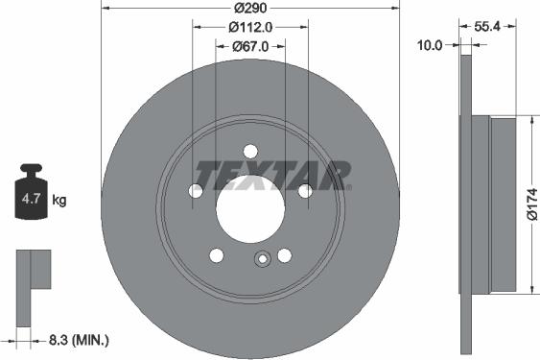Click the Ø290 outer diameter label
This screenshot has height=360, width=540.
coord(251,9)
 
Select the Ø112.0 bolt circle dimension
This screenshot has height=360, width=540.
coord(251,27)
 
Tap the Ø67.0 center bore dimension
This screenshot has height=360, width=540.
coord(251,45)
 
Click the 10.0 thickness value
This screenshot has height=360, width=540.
coord(432,45)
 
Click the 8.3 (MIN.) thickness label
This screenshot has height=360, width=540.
coord(79,340)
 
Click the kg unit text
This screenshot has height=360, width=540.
coord(59,201)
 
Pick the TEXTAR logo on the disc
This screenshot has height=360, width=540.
coord(273,175)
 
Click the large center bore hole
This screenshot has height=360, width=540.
coord(250,208)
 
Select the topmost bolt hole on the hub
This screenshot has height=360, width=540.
coord(250,151)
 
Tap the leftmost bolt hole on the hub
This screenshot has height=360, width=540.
coord(196,191)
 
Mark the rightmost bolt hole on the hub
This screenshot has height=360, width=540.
coord(305,191)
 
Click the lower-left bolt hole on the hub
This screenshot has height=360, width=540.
coord(217,254)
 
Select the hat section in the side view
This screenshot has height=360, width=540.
coord(503,204)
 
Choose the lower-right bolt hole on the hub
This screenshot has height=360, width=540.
coord(284,254)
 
